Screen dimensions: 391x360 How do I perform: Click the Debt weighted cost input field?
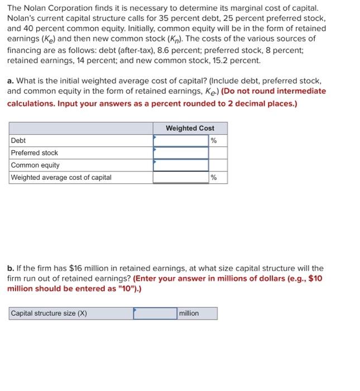[x=181, y=140]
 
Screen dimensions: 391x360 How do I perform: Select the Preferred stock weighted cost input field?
[x=181, y=152]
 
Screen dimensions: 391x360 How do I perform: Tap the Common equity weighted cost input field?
[x=181, y=165]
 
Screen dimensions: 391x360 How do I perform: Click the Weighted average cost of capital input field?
[x=181, y=178]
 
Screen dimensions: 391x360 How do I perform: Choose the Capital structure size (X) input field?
[x=155, y=313]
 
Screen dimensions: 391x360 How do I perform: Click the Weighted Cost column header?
[x=190, y=128]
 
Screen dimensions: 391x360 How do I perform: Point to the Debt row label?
[x=18, y=140]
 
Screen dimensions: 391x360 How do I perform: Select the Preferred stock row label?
[x=35, y=152]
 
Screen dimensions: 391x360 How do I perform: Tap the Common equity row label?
[x=35, y=165]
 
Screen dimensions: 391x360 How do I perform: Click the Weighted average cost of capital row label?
[x=61, y=178]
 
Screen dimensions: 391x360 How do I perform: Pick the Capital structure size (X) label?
[x=49, y=313]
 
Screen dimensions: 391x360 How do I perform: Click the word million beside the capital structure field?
[x=189, y=313]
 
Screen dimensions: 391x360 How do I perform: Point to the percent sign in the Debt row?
[x=214, y=140]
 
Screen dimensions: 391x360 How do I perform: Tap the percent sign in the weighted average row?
[x=214, y=178]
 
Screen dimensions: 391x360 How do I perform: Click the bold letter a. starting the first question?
[x=11, y=80]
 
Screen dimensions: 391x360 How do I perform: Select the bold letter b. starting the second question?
[x=11, y=268]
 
